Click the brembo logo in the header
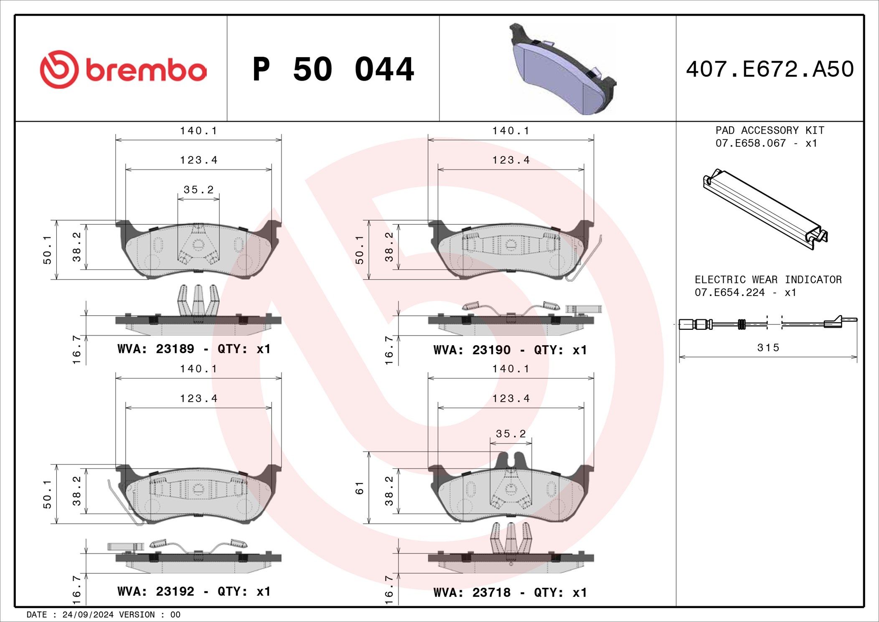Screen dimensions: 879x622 [123, 69]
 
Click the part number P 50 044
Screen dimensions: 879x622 [333, 69]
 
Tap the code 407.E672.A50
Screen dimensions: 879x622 [770, 69]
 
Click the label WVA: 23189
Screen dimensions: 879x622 [156, 349]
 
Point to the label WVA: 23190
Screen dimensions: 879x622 [472, 350]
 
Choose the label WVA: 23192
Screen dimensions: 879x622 [156, 591]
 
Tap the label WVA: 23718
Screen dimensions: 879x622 [472, 592]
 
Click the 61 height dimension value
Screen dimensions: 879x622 [360, 488]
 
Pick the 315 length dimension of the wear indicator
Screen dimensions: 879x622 [768, 347]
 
